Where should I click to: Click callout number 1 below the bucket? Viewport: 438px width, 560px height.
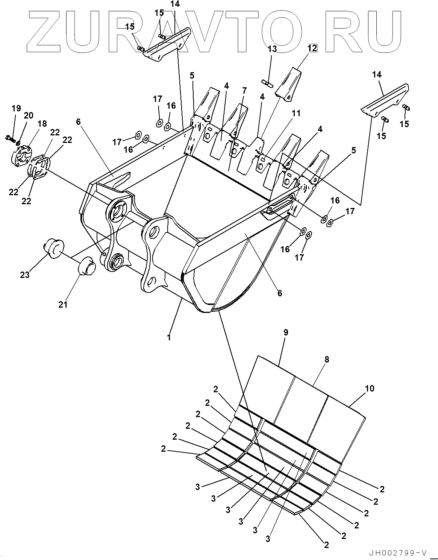[x=169, y=337]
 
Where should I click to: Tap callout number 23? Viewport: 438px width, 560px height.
[x=25, y=275]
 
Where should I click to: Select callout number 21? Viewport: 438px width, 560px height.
[x=63, y=304]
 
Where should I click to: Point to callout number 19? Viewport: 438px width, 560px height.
[x=16, y=109]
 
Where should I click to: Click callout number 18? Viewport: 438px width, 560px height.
[x=42, y=124]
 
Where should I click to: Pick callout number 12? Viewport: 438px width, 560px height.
[x=312, y=48]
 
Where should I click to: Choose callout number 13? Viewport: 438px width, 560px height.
[x=272, y=49]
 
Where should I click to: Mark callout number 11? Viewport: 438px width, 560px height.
[x=296, y=113]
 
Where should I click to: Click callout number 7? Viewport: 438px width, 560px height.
[x=244, y=91]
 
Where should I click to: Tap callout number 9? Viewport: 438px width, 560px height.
[x=286, y=332]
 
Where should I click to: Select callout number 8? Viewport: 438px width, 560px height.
[x=327, y=360]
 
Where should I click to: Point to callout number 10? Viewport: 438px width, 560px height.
[x=370, y=389]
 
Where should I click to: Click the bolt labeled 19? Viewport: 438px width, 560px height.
[x=10, y=139]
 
